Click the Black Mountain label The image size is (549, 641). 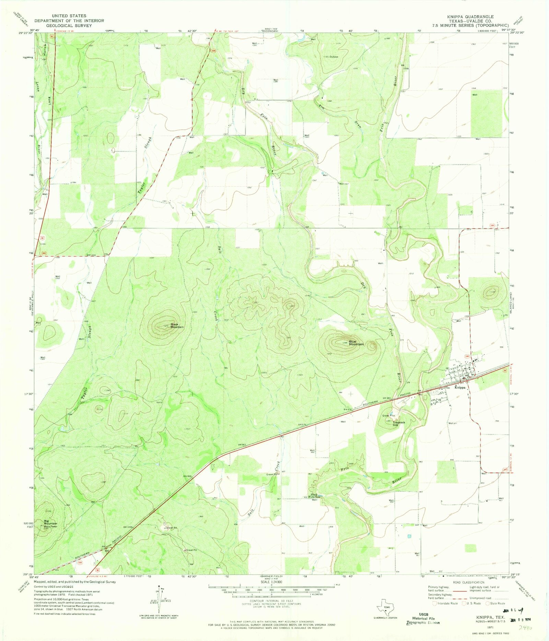tap(177, 325)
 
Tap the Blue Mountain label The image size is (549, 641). tap(356, 343)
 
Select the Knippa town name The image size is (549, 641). tap(460, 387)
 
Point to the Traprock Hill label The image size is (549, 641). tap(399, 424)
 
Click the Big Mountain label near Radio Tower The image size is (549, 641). tap(50, 522)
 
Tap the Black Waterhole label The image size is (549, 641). tap(314, 496)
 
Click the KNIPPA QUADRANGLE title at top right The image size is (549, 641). tap(470, 16)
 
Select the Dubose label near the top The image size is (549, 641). tap(334, 57)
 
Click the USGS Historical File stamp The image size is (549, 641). tap(422, 618)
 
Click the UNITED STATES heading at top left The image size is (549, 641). tap(69, 16)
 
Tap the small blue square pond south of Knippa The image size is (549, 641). tap(409, 536)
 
